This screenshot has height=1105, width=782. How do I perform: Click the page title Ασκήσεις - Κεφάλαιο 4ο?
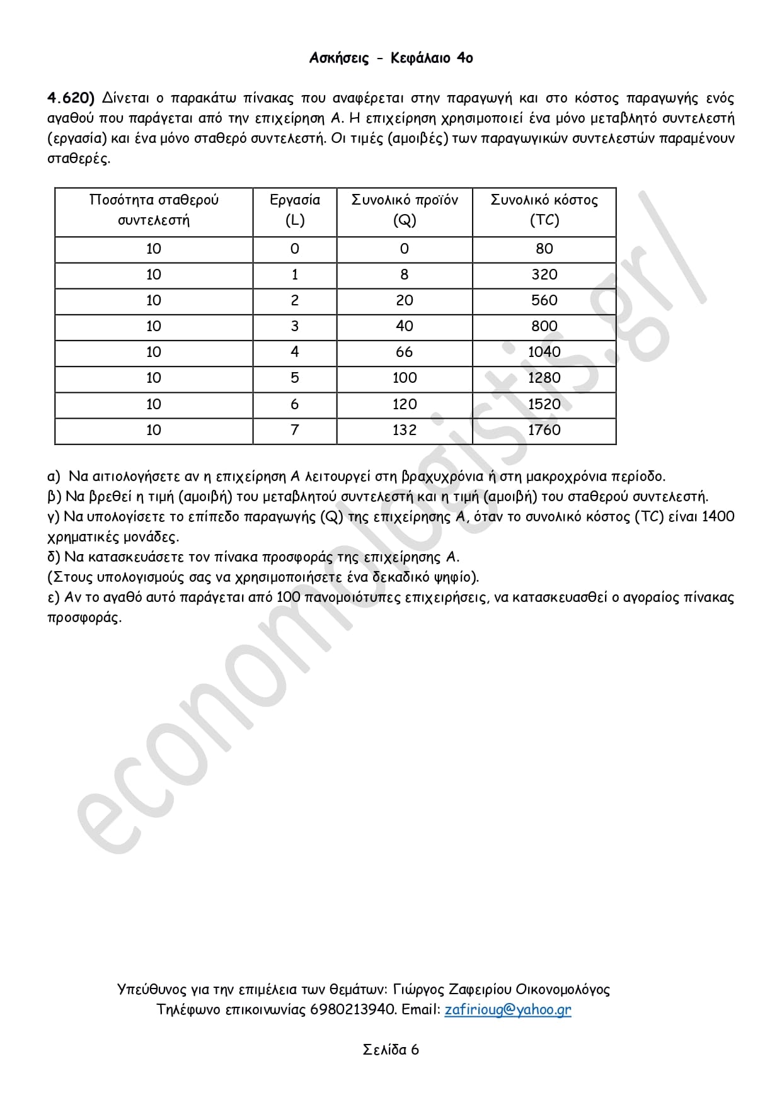click(x=391, y=59)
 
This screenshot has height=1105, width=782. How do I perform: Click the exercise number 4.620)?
click(x=71, y=98)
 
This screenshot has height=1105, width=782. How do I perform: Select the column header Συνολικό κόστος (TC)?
click(x=544, y=210)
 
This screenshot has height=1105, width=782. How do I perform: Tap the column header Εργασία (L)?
click(x=294, y=210)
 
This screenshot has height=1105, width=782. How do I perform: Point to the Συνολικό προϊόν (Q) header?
click(x=405, y=210)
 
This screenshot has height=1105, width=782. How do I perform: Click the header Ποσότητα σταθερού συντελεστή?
click(x=154, y=210)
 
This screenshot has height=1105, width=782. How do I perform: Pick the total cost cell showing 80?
click(x=544, y=249)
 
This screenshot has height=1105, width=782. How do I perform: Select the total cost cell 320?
click(x=544, y=275)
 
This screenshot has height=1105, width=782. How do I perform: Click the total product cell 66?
click(x=405, y=352)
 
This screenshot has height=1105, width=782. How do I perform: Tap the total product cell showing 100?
click(x=405, y=378)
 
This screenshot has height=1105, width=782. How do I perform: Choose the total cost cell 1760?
click(x=544, y=430)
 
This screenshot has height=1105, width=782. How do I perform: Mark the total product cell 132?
click(x=405, y=430)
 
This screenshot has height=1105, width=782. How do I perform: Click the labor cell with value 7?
click(x=294, y=430)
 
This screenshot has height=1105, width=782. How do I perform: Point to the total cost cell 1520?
click(x=544, y=404)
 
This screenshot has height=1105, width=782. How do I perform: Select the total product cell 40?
click(x=405, y=326)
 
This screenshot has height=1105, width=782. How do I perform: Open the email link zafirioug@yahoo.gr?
click(x=507, y=1009)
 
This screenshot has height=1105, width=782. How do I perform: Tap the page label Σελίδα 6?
click(x=391, y=1050)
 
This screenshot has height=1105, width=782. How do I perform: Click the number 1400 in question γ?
click(x=718, y=516)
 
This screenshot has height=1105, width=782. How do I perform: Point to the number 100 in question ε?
click(x=288, y=597)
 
